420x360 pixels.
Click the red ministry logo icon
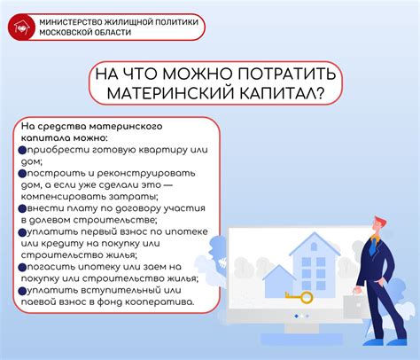19,26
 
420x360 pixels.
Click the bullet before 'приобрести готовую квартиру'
21,151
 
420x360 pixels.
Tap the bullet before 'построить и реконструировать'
21,175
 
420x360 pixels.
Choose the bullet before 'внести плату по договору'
21,208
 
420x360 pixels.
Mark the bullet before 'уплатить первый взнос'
21,231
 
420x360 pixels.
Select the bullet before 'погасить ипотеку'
21,266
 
